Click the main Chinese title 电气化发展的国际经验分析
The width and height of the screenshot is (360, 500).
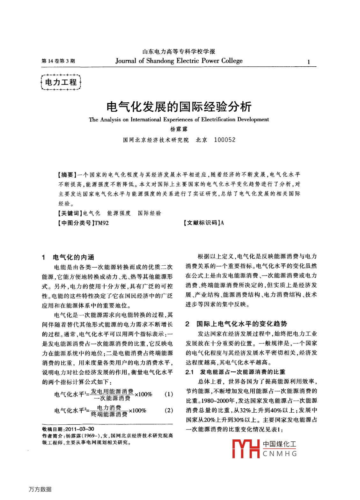179,107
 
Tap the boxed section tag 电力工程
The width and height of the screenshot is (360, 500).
61,82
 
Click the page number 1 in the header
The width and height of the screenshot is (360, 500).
308,62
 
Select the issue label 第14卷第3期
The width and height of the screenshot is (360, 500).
58,61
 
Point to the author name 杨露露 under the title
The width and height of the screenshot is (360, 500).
179,129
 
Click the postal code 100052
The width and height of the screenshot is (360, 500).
225,140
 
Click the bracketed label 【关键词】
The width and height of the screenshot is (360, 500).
70,213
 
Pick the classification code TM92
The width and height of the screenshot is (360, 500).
101,223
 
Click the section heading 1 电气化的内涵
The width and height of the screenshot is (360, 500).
68,257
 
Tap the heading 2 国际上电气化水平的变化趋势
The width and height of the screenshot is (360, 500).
236,324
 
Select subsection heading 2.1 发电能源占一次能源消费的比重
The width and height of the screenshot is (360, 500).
235,372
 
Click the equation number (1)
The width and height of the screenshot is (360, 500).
169,394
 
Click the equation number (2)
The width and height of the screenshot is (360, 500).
169,410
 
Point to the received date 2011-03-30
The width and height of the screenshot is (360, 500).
80,429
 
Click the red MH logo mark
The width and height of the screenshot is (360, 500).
246,449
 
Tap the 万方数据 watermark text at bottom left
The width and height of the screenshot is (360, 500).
40,489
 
